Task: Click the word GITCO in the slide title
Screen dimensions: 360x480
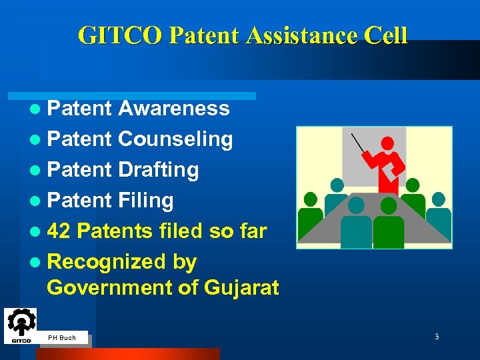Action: point(120,35)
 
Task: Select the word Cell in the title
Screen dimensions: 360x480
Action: point(384,35)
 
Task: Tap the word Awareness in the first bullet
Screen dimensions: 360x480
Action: point(173,108)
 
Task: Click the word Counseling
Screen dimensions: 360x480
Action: point(175,139)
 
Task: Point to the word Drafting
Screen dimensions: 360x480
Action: point(158,169)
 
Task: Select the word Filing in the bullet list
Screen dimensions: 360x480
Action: point(145,200)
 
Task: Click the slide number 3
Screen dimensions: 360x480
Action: point(437,337)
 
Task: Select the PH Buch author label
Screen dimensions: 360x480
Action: point(62,338)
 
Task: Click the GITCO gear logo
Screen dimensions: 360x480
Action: point(21,325)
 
